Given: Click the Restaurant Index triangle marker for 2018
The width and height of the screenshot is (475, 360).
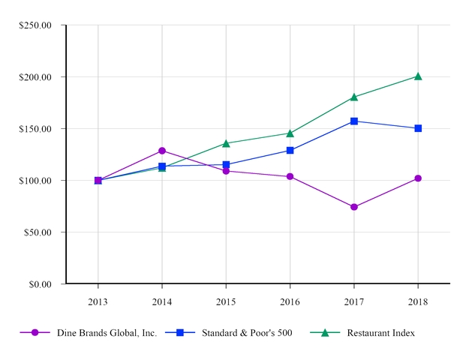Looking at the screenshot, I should click(x=418, y=76).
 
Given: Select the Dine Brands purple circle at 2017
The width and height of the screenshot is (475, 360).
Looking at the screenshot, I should click(x=354, y=207).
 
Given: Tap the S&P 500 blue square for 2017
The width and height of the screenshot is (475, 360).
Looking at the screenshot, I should click(x=354, y=121).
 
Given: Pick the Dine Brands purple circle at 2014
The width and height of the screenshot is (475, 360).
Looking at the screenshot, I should click(x=162, y=151).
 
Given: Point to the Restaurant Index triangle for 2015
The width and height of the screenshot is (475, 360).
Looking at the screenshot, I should click(x=226, y=143).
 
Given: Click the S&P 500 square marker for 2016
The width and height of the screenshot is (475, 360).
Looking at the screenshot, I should click(x=290, y=150).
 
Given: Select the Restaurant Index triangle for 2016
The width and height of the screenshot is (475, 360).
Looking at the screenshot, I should click(x=290, y=133).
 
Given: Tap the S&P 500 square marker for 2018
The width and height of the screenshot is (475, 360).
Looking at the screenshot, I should click(x=418, y=128).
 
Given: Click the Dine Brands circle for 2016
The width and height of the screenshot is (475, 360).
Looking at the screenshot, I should click(x=290, y=176).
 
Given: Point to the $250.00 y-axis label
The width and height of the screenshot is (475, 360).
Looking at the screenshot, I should click(x=35, y=25).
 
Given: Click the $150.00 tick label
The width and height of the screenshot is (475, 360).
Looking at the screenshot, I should click(x=35, y=129).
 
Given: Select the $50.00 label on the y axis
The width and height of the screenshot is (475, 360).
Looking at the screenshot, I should click(x=38, y=232).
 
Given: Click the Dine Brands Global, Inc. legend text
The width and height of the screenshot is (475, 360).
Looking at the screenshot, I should click(x=107, y=333).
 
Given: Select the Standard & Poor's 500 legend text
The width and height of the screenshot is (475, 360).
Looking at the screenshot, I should click(x=247, y=333).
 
